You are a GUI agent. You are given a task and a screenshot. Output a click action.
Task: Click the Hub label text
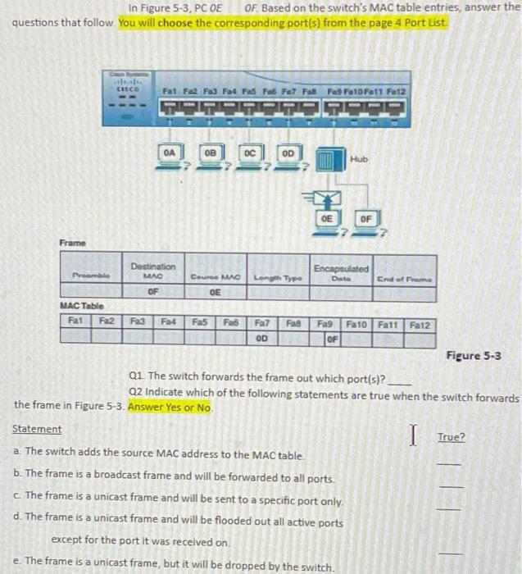359,157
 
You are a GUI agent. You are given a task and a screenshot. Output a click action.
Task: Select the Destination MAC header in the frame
153,271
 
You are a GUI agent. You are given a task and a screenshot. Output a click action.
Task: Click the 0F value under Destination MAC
152,289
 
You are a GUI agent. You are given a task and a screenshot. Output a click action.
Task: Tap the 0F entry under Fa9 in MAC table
332,338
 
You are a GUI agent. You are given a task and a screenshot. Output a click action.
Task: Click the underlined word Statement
37,429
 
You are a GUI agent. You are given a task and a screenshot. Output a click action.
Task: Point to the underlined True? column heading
450,437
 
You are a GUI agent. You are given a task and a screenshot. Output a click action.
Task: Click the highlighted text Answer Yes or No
170,407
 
